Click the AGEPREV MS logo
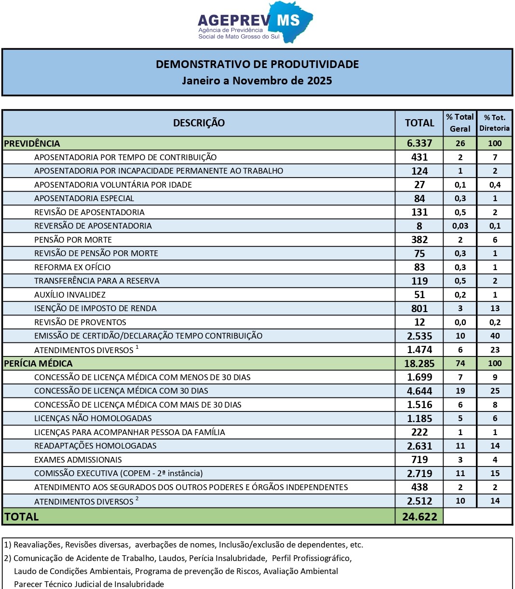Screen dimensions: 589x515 (x=255, y=22)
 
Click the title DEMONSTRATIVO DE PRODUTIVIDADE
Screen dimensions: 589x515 (x=257, y=64)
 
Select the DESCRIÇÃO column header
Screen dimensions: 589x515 (x=199, y=123)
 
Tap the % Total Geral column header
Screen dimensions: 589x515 (x=460, y=123)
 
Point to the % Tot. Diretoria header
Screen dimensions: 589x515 (x=494, y=123)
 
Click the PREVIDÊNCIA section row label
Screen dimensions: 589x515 (x=32, y=143)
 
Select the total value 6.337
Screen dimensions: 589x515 (x=419, y=143)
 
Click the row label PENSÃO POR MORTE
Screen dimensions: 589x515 (x=73, y=240)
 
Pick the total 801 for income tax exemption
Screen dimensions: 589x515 (x=420, y=308)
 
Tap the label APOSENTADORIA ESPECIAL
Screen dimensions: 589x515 (x=84, y=198)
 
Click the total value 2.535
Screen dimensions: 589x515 (x=419, y=336)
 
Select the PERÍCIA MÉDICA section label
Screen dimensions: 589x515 (x=38, y=363)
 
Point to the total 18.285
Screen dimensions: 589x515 (x=419, y=363)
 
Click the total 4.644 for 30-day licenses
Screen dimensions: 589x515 (x=419, y=391)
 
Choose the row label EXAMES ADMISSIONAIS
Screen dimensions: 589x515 (x=78, y=460)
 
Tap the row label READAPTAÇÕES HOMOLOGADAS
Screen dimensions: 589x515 (x=95, y=446)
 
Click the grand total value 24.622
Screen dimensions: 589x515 (x=419, y=517)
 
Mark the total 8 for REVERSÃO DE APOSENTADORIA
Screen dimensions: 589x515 (x=420, y=226)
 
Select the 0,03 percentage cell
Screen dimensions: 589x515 (x=460, y=226)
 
